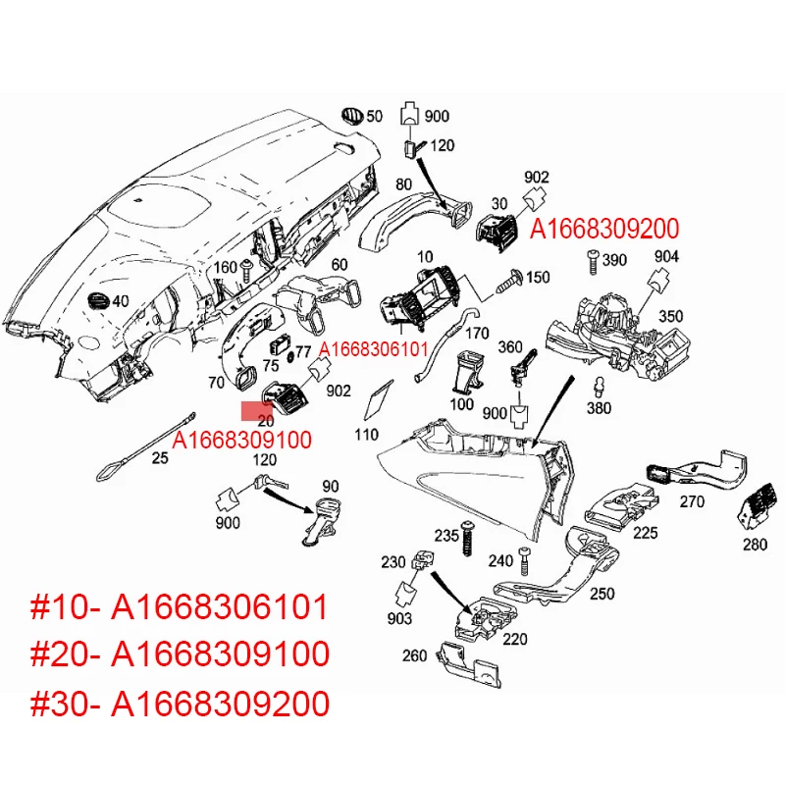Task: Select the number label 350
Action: tap(670, 317)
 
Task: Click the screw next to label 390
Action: tap(592, 261)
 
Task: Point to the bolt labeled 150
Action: tap(510, 279)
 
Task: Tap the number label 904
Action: tap(666, 256)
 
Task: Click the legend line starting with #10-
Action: tap(180, 608)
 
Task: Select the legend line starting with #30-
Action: tap(180, 704)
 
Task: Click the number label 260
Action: tap(414, 655)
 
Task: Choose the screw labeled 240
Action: tap(523, 560)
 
